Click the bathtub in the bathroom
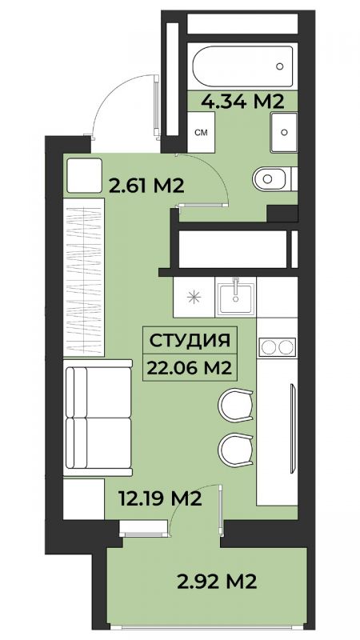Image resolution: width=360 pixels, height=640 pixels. click(242, 66)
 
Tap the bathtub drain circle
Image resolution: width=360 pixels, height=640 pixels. click(279, 66)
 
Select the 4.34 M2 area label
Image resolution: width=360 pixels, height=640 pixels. click(242, 102)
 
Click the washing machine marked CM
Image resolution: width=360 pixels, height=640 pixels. click(202, 132)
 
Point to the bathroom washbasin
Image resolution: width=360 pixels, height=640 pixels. click(284, 132)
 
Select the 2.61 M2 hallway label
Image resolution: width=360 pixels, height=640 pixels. click(147, 186)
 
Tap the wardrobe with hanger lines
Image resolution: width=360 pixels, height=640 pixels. click(84, 277)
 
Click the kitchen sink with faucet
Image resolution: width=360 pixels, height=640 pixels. click(235, 297)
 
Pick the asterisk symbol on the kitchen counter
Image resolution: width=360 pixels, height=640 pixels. click(194, 297)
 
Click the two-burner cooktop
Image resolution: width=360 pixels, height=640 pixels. click(278, 347)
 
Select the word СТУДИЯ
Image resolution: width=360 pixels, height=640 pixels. click(190, 341)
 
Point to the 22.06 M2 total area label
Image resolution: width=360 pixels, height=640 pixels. click(190, 368)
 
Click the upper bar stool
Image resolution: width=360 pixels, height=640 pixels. click(235, 406)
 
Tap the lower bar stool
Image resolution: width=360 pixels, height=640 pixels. click(235, 449)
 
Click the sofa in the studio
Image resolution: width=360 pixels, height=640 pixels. click(98, 418)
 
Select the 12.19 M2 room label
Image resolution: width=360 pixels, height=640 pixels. click(159, 498)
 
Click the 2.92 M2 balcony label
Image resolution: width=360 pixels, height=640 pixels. click(217, 582)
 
